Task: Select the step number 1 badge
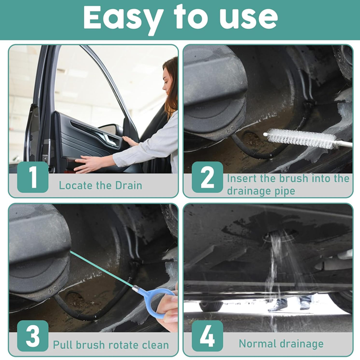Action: click(x=33, y=177)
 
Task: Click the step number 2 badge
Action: click(x=207, y=177)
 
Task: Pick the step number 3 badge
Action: click(x=33, y=336)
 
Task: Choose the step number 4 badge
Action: click(x=207, y=336)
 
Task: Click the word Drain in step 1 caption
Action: click(x=128, y=185)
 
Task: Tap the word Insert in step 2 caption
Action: click(x=242, y=179)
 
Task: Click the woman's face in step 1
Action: click(x=167, y=81)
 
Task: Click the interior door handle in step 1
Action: click(x=110, y=139)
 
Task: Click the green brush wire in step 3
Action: click(x=102, y=269)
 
